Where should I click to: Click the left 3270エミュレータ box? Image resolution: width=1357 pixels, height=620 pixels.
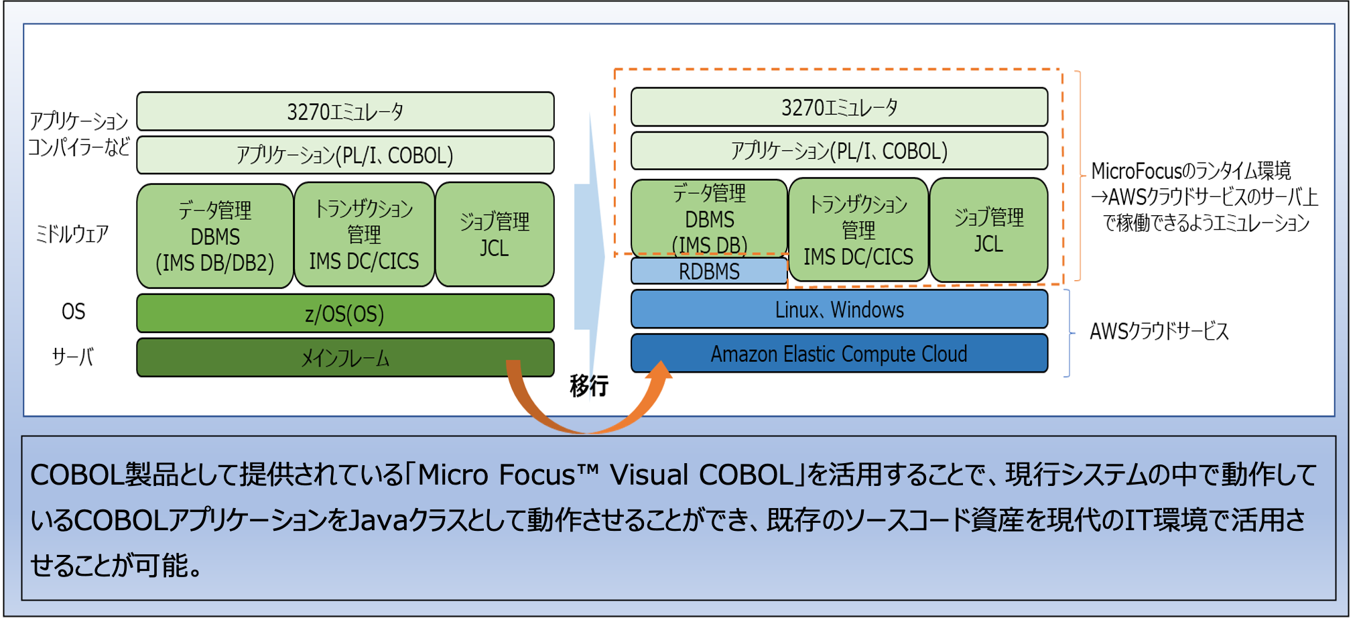(345, 111)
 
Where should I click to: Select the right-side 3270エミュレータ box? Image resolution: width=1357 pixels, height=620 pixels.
(839, 107)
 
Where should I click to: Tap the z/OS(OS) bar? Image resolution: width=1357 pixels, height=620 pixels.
(345, 314)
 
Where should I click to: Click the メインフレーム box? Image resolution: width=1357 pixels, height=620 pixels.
(345, 358)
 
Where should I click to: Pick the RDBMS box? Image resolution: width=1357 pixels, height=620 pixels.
(709, 271)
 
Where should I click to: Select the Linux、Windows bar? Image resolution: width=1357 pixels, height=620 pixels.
(839, 310)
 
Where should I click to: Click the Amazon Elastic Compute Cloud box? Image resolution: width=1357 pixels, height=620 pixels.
(839, 353)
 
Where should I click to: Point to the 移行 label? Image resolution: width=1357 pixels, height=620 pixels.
(589, 385)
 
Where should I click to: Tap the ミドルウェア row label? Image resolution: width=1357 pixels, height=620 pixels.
(72, 234)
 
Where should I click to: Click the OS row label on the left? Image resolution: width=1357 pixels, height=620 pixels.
(74, 312)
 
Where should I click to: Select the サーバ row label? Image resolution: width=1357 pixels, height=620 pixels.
(72, 357)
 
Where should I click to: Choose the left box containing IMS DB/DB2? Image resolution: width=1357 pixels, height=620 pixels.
(215, 236)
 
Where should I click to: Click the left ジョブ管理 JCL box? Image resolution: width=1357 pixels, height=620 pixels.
(495, 235)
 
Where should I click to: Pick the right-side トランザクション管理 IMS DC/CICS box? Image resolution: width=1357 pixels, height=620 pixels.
(858, 230)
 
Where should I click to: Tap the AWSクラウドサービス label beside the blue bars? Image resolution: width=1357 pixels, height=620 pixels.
(1159, 331)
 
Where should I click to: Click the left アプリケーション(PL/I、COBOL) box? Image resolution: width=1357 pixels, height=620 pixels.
(345, 156)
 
